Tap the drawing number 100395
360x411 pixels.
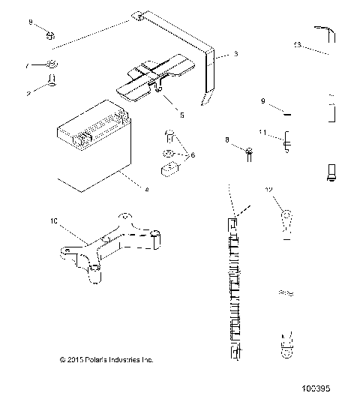coord(314,390)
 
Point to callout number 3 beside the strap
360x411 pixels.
coord(235,54)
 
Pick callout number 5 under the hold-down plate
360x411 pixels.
coord(180,115)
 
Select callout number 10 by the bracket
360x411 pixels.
coord(52,221)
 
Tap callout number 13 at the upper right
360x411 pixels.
coord(297,45)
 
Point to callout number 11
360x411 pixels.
coord(262,133)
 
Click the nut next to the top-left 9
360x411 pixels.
coord(49,34)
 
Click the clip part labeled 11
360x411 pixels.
coord(286,140)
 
